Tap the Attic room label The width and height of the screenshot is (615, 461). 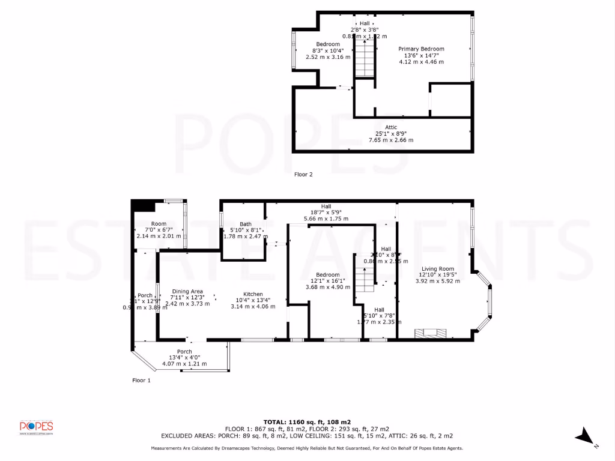[391, 127]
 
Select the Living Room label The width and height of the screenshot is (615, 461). [437, 269]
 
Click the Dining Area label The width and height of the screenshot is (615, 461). [187, 292]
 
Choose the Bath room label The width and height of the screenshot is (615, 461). [245, 223]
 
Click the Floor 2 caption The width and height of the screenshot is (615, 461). [303, 175]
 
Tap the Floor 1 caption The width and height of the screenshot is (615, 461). [141, 380]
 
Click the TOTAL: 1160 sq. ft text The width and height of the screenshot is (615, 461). [307, 421]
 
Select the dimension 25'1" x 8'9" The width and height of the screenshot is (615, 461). [391, 133]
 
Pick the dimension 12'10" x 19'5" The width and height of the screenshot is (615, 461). [437, 275]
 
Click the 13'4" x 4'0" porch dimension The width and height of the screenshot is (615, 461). [184, 358]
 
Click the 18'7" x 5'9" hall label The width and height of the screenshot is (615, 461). [326, 212]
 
